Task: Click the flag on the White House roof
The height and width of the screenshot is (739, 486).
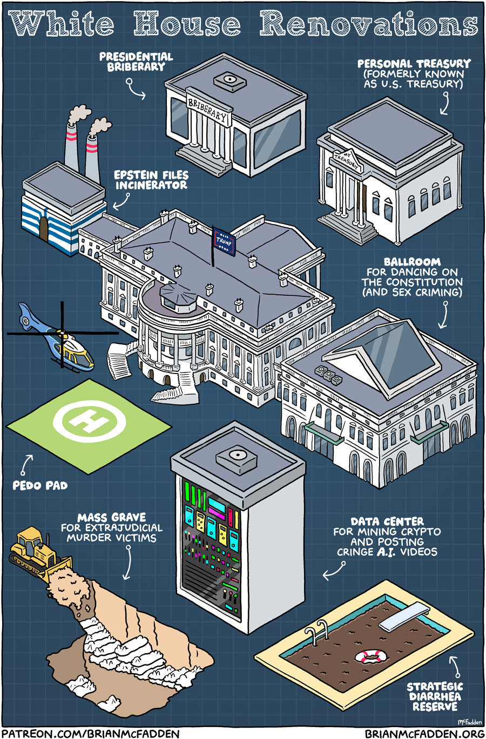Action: pyautogui.click(x=224, y=241)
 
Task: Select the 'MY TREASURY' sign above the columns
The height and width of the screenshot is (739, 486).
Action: pyautogui.click(x=347, y=160)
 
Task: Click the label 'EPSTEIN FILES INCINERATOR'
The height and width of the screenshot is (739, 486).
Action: pyautogui.click(x=151, y=180)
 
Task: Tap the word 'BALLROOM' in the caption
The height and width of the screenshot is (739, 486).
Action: pyautogui.click(x=412, y=262)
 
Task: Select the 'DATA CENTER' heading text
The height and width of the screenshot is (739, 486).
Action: pyautogui.click(x=387, y=521)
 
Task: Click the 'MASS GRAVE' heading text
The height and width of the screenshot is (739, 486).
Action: pyautogui.click(x=112, y=517)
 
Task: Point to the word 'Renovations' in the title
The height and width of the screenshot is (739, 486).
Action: pyautogui.click(x=368, y=23)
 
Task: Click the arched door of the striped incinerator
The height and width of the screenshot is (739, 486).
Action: pyautogui.click(x=44, y=229)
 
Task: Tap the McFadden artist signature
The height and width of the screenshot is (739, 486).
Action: pyautogui.click(x=470, y=722)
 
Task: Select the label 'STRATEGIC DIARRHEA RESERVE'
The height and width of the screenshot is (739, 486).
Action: pyautogui.click(x=435, y=696)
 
